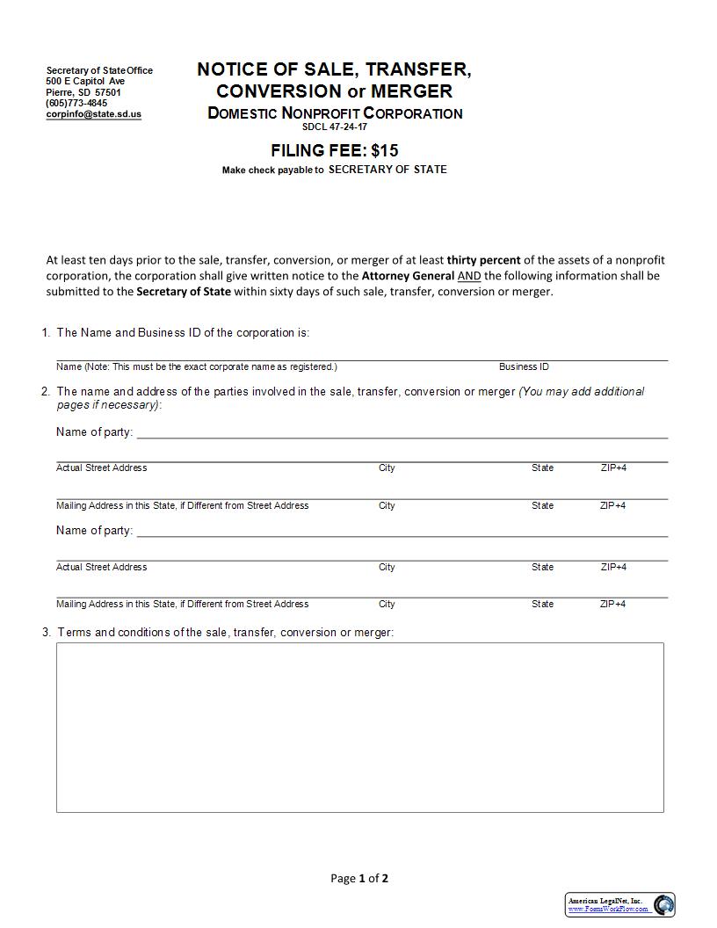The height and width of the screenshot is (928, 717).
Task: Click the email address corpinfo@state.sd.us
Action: [93, 114]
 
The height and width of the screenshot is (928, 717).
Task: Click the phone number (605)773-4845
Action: [76, 103]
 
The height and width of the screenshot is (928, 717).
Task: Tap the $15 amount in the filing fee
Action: [385, 150]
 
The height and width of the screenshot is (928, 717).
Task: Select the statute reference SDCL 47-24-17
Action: [335, 127]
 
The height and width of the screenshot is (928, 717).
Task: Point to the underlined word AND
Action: [469, 276]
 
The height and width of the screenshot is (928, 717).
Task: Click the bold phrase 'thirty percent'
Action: [483, 260]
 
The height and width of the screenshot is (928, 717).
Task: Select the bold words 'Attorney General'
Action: [408, 276]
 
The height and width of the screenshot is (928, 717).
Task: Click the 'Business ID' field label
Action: [524, 366]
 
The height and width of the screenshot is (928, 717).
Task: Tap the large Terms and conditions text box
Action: [359, 727]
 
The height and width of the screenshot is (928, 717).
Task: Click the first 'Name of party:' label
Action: [94, 431]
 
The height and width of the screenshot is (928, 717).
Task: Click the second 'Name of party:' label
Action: [94, 530]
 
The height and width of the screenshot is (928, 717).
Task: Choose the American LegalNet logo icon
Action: [663, 904]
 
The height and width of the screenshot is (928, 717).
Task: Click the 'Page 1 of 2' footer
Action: [358, 878]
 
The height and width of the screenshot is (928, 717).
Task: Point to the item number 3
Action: [46, 632]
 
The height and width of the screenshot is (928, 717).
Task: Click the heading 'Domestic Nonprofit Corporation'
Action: [335, 113]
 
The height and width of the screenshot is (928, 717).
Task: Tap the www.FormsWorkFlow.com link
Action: [608, 909]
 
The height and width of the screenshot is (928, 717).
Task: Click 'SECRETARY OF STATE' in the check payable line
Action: [387, 170]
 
